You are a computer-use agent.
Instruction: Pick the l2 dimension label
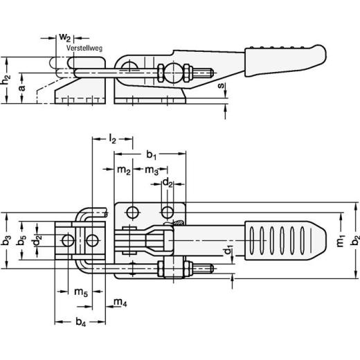coord(114,140)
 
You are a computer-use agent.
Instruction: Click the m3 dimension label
coord(152,170)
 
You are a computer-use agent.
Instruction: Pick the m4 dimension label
coord(120,302)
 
